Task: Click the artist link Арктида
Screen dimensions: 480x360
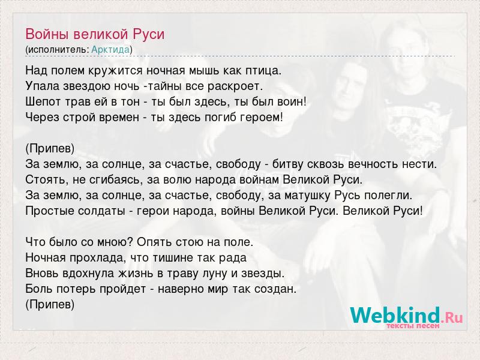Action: (x=110, y=50)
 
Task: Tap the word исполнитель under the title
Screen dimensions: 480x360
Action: (x=58, y=50)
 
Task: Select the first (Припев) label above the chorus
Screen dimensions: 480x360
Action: (x=50, y=149)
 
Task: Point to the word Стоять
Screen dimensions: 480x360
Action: (x=47, y=179)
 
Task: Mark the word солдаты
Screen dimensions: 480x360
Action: (x=101, y=211)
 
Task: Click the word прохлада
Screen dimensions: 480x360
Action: (x=98, y=258)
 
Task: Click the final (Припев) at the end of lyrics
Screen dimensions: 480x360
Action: (x=50, y=305)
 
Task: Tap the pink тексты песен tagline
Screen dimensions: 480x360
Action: (x=413, y=326)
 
